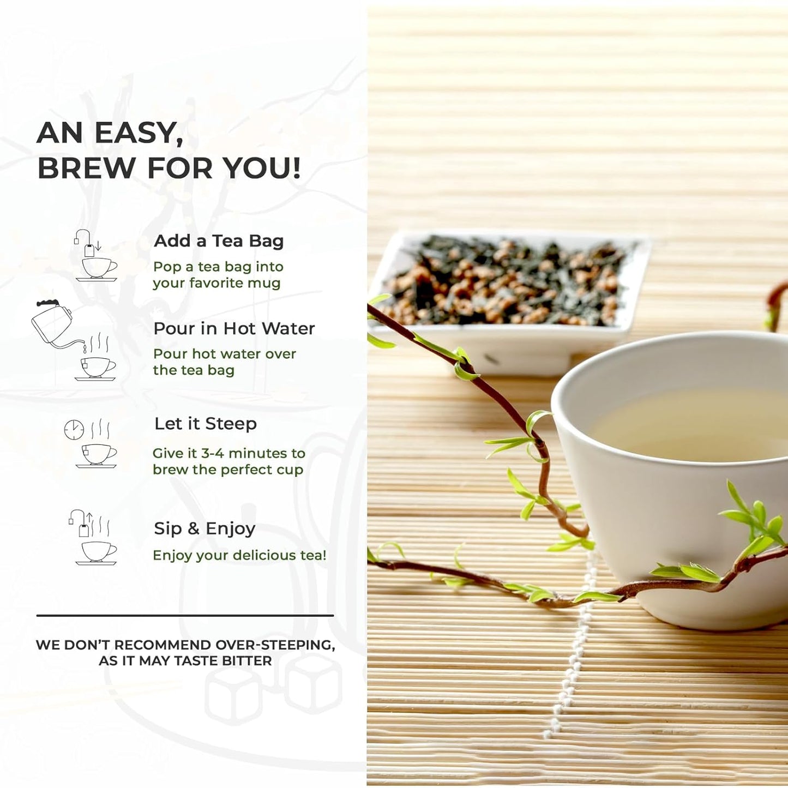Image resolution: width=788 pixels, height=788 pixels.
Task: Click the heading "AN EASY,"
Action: (x=110, y=133)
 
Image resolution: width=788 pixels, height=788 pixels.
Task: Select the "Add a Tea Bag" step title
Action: (x=219, y=241)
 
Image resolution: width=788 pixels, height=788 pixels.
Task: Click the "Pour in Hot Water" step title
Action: (x=234, y=328)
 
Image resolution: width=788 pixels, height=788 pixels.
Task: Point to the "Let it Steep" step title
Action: (x=205, y=424)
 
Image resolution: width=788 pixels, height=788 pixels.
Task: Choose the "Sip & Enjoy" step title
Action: (x=204, y=528)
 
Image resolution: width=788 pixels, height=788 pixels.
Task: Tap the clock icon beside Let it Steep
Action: (x=74, y=430)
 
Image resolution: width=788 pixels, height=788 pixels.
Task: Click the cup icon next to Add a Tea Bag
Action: (x=98, y=268)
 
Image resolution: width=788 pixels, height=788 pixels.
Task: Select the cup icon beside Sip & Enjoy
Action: (x=98, y=551)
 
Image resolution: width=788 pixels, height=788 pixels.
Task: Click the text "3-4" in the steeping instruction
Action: (x=213, y=453)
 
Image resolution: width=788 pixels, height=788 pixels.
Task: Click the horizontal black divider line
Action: (x=185, y=616)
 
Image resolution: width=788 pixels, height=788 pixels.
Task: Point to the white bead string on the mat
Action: (x=573, y=654)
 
